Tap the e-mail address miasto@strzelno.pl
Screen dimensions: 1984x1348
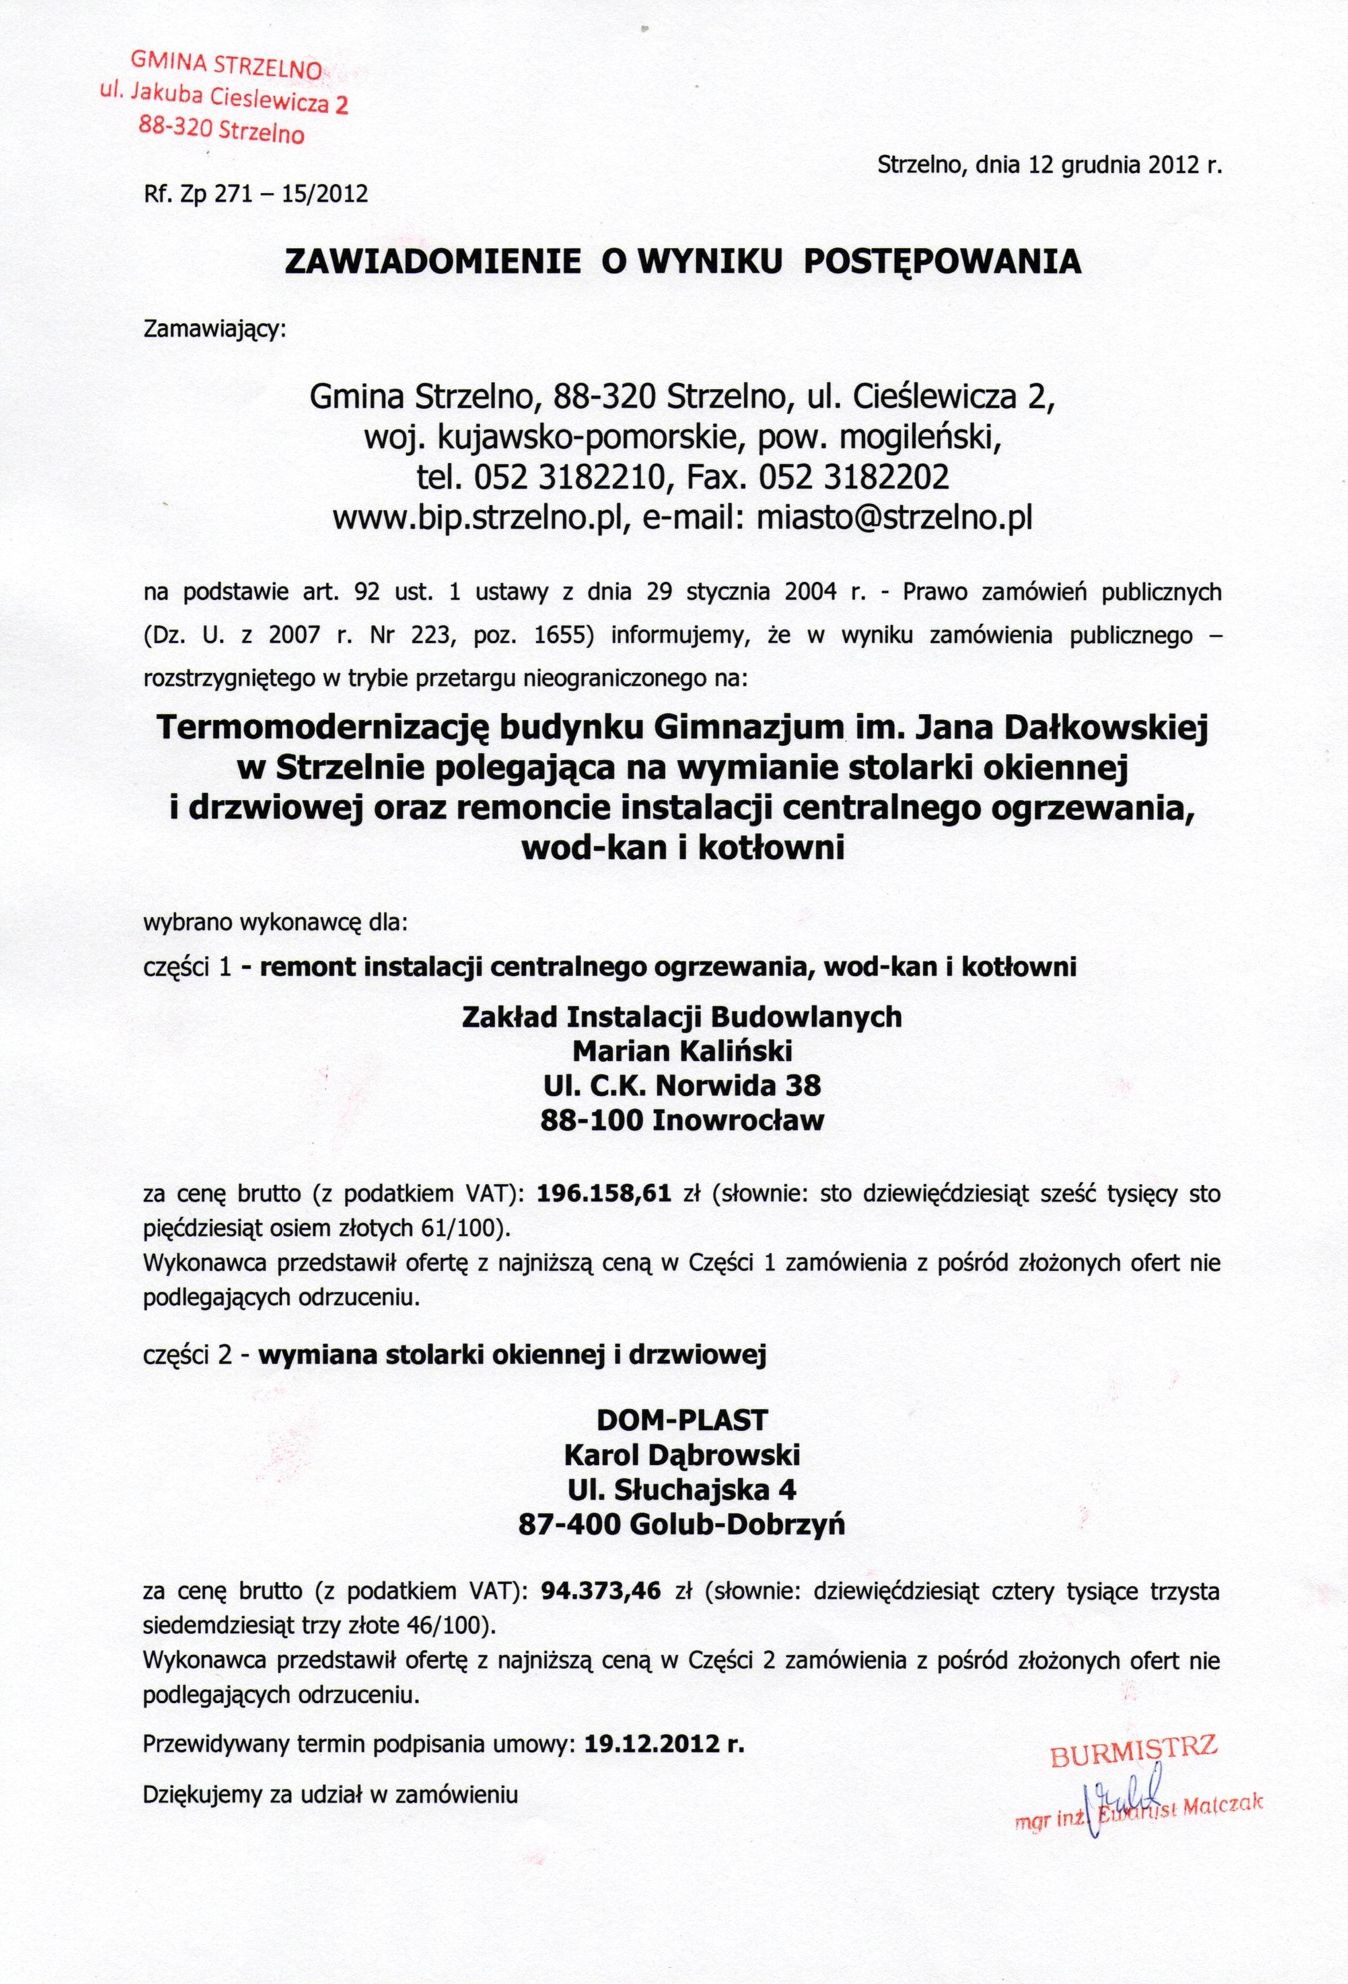894,517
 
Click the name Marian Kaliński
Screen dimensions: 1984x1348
682,1050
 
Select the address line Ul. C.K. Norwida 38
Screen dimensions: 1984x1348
682,1085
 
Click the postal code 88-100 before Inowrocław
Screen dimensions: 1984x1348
591,1120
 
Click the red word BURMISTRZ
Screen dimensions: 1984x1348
1134,1747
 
